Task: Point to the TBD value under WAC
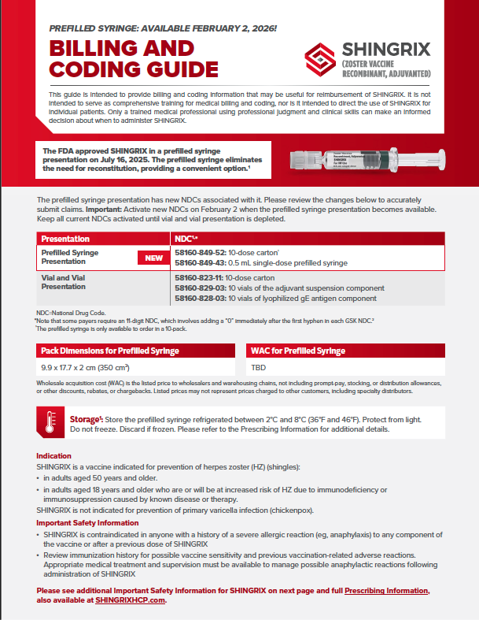click(x=257, y=367)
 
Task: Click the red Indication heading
click(x=54, y=456)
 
